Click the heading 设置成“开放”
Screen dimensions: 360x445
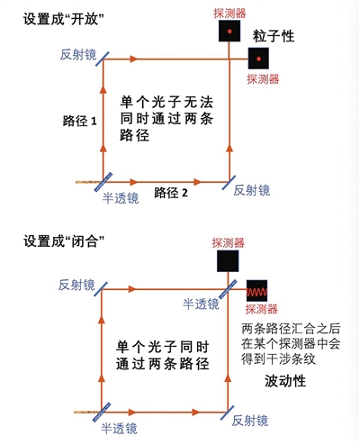[64, 20]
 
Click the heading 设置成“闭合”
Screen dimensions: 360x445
[64, 241]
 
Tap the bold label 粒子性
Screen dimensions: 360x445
[274, 36]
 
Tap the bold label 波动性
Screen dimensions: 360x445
[285, 381]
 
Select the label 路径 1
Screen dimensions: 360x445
[80, 121]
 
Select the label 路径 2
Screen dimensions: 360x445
[171, 193]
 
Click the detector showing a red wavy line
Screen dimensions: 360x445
[256, 291]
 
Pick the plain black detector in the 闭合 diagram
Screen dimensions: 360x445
[228, 261]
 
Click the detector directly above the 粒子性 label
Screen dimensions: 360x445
[229, 31]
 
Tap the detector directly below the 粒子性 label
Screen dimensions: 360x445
[258, 59]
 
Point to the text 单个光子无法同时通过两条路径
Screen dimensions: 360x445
[166, 119]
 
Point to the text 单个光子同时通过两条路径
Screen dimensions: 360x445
[162, 356]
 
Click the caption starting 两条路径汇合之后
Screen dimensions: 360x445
[291, 344]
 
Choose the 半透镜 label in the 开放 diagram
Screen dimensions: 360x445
[121, 198]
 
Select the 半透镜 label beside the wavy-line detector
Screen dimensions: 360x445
[201, 304]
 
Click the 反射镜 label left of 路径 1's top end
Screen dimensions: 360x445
[78, 55]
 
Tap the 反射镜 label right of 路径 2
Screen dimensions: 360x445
[252, 190]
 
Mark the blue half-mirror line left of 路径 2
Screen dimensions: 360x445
[103, 182]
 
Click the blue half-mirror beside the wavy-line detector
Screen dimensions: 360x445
[228, 289]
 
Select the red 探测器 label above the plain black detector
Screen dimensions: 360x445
[229, 243]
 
